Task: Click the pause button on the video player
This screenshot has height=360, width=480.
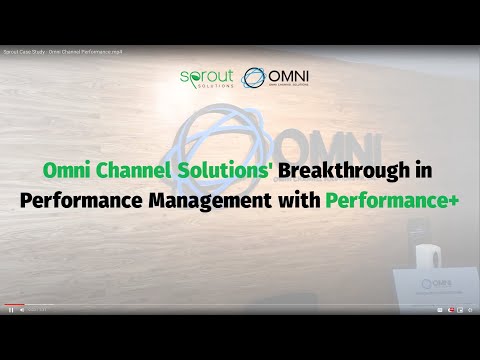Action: pyautogui.click(x=11, y=310)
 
